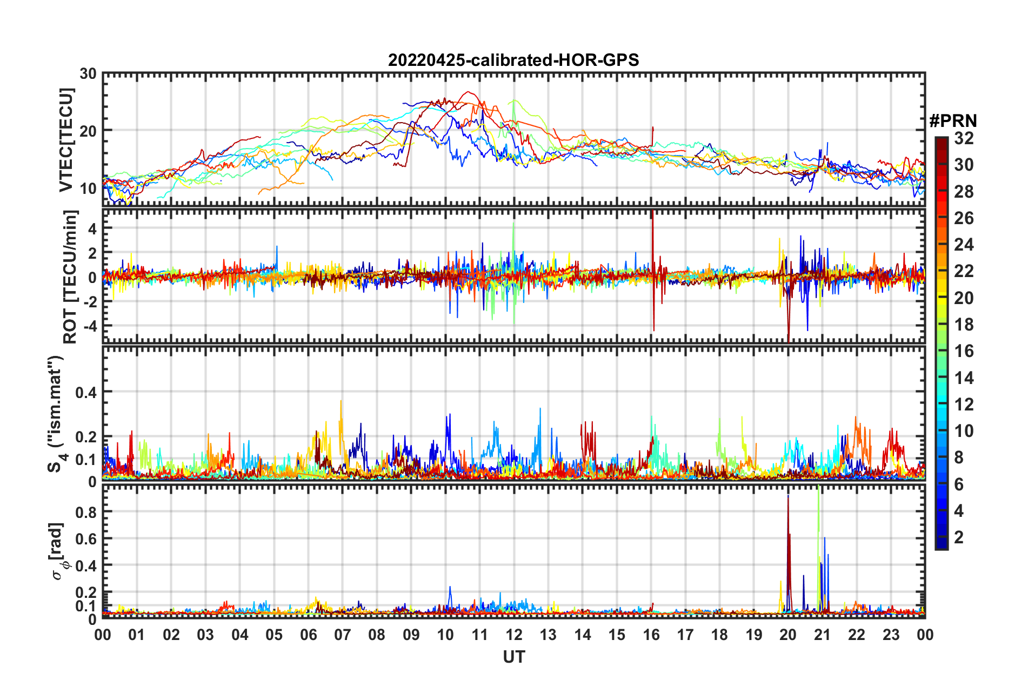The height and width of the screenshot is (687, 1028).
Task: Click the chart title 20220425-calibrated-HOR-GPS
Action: [513, 60]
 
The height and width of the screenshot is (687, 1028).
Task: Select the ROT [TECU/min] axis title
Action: [70, 277]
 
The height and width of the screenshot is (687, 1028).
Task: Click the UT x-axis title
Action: [513, 657]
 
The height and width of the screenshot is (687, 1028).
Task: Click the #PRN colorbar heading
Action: [953, 121]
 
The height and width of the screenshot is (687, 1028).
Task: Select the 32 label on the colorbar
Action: [964, 138]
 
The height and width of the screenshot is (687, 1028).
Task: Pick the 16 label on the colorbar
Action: [964, 351]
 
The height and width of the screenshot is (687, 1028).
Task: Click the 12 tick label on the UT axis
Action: [514, 635]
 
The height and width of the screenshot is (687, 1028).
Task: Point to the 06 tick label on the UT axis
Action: [309, 635]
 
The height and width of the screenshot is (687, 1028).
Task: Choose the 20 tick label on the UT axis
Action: [788, 635]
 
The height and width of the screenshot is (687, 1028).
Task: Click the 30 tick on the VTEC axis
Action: [88, 74]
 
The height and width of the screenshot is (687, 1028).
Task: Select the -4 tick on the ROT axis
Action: [88, 326]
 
